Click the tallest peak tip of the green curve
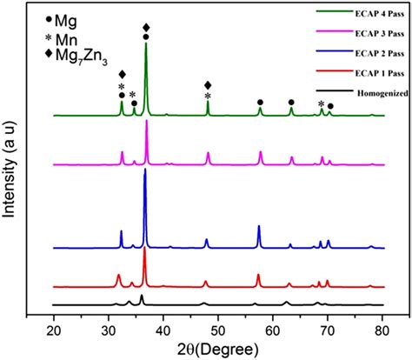pos(146,43)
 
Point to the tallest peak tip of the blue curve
pos(145,169)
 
